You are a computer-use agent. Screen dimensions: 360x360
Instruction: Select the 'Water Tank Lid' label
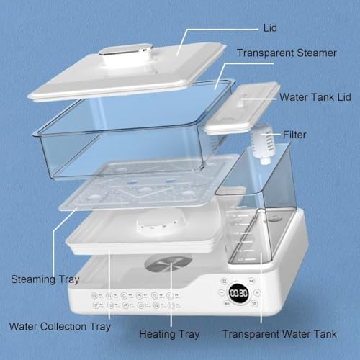pos(320,96)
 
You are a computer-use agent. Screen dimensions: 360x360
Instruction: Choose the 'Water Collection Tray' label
pos(59,326)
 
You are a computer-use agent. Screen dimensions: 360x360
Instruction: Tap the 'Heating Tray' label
pos(170,334)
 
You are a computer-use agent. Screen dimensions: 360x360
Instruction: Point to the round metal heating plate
pos(168,263)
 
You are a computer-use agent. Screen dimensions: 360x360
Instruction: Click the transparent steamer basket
pos(130,137)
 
